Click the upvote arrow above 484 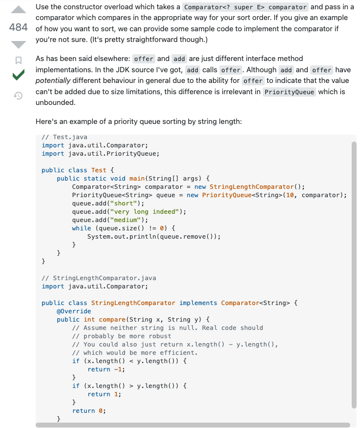(x=18, y=10)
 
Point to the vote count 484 (x=18, y=27)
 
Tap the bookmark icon (x=18, y=61)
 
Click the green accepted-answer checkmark (x=18, y=76)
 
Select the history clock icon (x=18, y=96)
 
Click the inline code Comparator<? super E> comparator (x=246, y=7)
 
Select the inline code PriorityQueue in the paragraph (x=289, y=92)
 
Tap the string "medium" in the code (x=127, y=220)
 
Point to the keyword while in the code (x=81, y=228)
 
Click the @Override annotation (x=74, y=311)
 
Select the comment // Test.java (x=64, y=137)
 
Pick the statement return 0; (x=89, y=411)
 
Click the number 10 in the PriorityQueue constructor (x=292, y=195)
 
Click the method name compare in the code (x=112, y=320)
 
